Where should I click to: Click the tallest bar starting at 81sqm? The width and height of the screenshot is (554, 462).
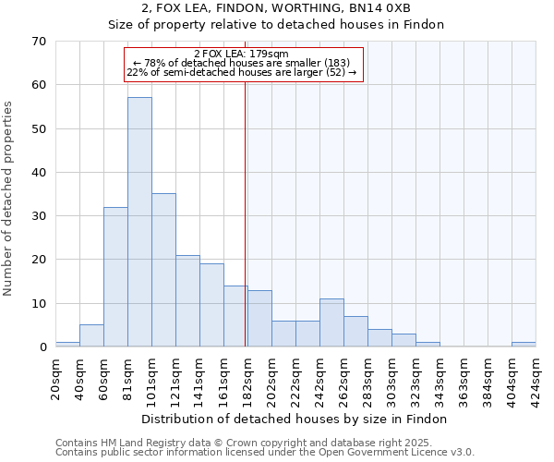[139, 222]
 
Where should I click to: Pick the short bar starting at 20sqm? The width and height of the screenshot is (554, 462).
[67, 344]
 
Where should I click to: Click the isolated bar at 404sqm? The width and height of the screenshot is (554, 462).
[524, 344]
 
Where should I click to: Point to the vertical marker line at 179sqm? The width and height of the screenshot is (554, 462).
[245, 213]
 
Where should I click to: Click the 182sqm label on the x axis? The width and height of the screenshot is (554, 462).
[247, 377]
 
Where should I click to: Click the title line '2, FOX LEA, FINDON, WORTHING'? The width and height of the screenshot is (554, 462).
[276, 8]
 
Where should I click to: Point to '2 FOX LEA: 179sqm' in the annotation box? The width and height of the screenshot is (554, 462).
[242, 55]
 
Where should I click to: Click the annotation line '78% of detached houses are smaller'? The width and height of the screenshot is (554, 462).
[242, 63]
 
